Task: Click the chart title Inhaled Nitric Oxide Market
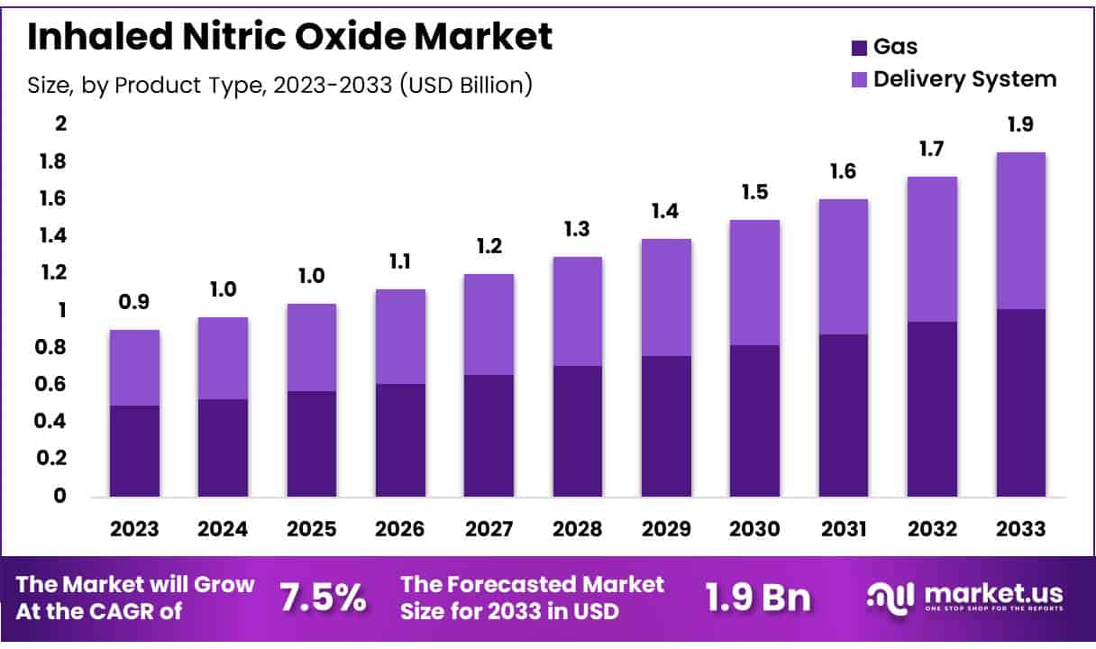[290, 37]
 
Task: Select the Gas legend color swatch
[858, 47]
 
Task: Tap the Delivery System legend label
[964, 78]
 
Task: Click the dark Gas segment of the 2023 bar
[134, 451]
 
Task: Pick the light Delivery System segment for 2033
[1020, 231]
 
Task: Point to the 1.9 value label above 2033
[1020, 125]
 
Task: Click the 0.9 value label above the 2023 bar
[134, 304]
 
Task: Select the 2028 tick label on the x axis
[577, 529]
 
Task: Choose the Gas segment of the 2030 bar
[754, 420]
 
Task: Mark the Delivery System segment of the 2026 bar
[400, 336]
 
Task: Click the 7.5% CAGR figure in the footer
[322, 597]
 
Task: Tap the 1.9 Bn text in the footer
[756, 597]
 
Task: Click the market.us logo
[964, 597]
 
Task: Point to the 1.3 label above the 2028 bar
[577, 230]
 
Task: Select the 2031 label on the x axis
[843, 529]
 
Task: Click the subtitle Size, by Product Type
[279, 85]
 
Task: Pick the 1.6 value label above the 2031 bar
[843, 172]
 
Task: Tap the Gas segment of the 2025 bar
[312, 443]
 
